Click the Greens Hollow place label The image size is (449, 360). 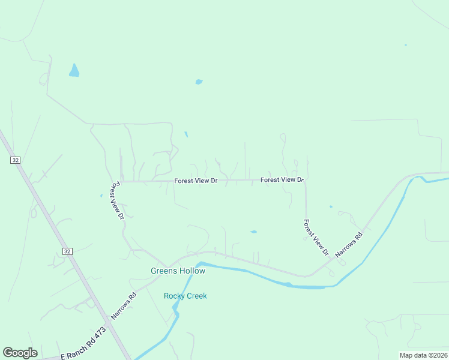178,271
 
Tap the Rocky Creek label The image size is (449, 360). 185,296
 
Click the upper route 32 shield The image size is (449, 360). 16,160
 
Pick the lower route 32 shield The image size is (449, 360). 67,251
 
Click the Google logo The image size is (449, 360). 20,353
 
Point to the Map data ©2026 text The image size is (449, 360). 423,355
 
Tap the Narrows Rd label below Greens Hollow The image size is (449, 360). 124,306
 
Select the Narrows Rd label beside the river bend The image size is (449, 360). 349,245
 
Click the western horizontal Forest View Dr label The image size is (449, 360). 196,181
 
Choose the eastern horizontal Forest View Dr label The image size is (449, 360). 282,179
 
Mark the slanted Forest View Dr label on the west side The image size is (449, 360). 116,200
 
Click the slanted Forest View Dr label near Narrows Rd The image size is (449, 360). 316,237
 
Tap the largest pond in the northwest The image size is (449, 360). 74,71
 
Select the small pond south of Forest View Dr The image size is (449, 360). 253,232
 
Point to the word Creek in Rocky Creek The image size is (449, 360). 197,296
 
